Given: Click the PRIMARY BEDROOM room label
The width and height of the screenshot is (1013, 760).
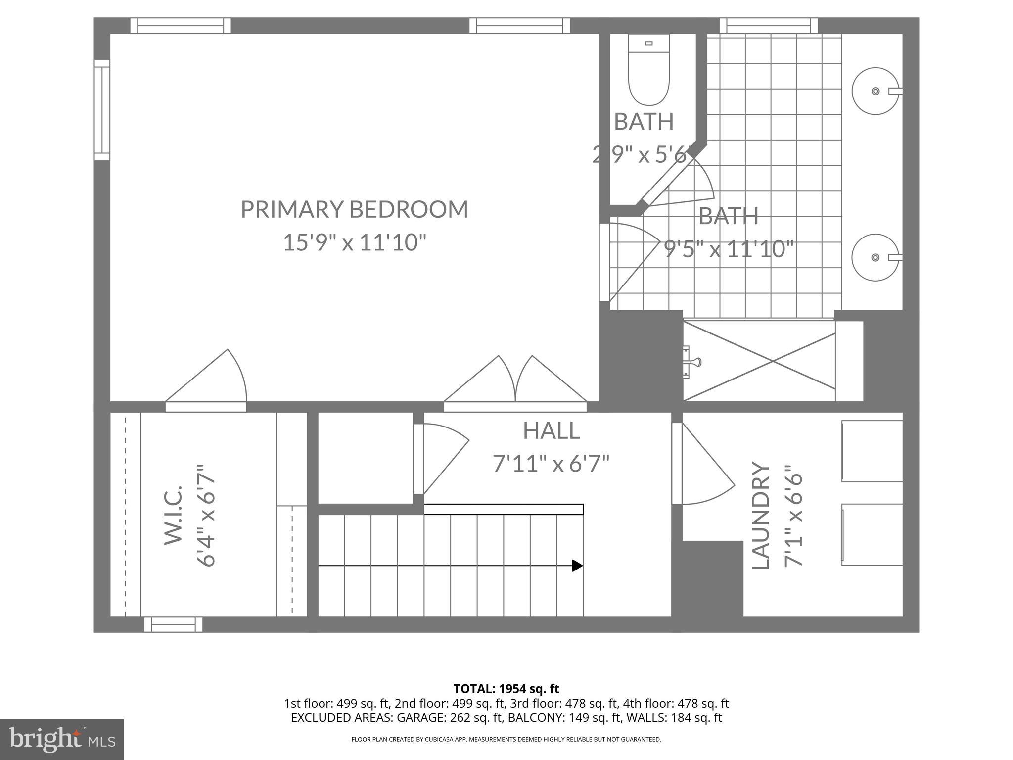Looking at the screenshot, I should (354, 209).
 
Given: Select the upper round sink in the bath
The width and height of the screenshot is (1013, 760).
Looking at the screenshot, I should (875, 91).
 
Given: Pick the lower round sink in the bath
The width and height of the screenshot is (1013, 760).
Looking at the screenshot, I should (875, 257).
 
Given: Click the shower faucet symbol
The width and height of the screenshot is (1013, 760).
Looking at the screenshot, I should (692, 362).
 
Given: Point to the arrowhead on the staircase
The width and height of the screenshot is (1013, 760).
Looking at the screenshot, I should (577, 566).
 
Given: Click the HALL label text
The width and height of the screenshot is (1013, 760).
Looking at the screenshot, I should (551, 430).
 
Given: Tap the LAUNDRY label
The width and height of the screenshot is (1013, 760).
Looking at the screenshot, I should (761, 515).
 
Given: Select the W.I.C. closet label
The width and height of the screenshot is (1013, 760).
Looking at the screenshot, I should (173, 515).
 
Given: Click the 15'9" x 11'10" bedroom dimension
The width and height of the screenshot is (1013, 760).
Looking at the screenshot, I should (354, 243).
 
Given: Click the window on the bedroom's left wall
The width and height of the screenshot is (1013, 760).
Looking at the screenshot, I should (102, 110).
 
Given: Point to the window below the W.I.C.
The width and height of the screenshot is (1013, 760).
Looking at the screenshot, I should (173, 624).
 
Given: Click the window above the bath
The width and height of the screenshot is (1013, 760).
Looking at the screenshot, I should (768, 25).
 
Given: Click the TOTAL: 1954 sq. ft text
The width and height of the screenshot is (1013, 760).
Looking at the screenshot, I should (506, 689).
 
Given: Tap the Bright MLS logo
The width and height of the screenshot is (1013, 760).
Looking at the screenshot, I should (61, 739).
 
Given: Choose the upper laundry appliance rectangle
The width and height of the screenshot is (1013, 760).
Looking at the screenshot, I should (872, 451).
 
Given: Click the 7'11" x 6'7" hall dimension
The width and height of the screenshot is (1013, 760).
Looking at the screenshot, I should (551, 464).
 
